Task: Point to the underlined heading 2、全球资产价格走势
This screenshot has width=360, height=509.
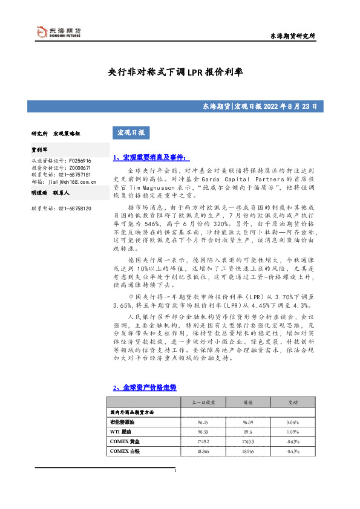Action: pos(145,387)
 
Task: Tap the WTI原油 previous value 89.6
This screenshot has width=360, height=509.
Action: pos(247,432)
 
